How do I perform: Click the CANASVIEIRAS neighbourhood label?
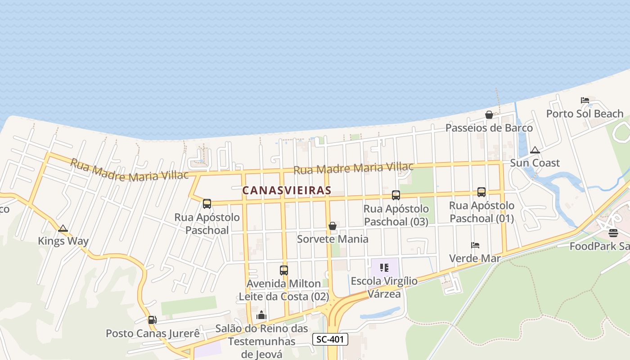pyautogui.click(x=287, y=190)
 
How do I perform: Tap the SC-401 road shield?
pyautogui.click(x=330, y=339)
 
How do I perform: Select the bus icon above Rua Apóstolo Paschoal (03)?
pyautogui.click(x=396, y=195)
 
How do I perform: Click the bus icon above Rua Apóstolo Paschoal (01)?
pyautogui.click(x=481, y=192)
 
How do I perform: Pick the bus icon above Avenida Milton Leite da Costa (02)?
pyautogui.click(x=284, y=270)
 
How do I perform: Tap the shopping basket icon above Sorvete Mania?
pyautogui.click(x=333, y=226)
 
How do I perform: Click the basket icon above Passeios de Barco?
pyautogui.click(x=489, y=115)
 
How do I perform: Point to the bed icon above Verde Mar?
pyautogui.click(x=475, y=245)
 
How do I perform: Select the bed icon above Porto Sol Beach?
pyautogui.click(x=585, y=100)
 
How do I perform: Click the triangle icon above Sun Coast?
pyautogui.click(x=535, y=150)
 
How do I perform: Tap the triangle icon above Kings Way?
pyautogui.click(x=63, y=228)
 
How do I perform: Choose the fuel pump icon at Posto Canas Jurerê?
pyautogui.click(x=153, y=320)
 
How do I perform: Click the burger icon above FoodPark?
pyautogui.click(x=613, y=233)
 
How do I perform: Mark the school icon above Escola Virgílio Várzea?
pyautogui.click(x=384, y=268)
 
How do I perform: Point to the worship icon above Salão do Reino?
pyautogui.click(x=261, y=315)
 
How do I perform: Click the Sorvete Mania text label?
pyautogui.click(x=333, y=239)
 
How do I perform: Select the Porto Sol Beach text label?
pyautogui.click(x=585, y=113)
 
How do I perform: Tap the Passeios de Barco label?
pyautogui.click(x=489, y=128)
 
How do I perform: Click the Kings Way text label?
pyautogui.click(x=63, y=241)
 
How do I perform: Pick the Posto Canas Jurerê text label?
pyautogui.click(x=153, y=333)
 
